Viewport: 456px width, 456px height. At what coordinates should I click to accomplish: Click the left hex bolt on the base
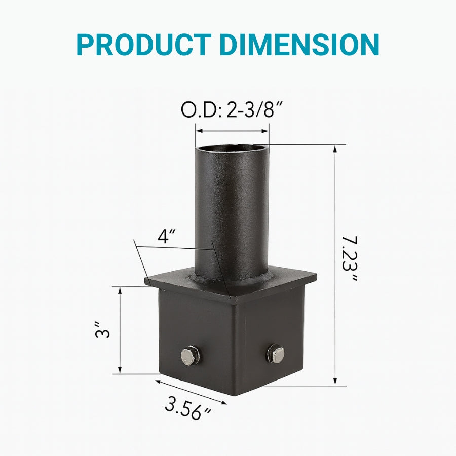(x=191, y=355)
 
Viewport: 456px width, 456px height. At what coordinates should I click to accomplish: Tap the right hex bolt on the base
(x=276, y=353)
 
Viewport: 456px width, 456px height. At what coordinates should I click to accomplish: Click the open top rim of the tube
(x=232, y=148)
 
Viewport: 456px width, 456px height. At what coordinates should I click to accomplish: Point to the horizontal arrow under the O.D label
(x=232, y=131)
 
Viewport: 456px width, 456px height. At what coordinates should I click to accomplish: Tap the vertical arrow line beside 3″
(x=121, y=330)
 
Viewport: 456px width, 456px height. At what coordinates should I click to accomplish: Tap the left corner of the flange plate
(x=147, y=279)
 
